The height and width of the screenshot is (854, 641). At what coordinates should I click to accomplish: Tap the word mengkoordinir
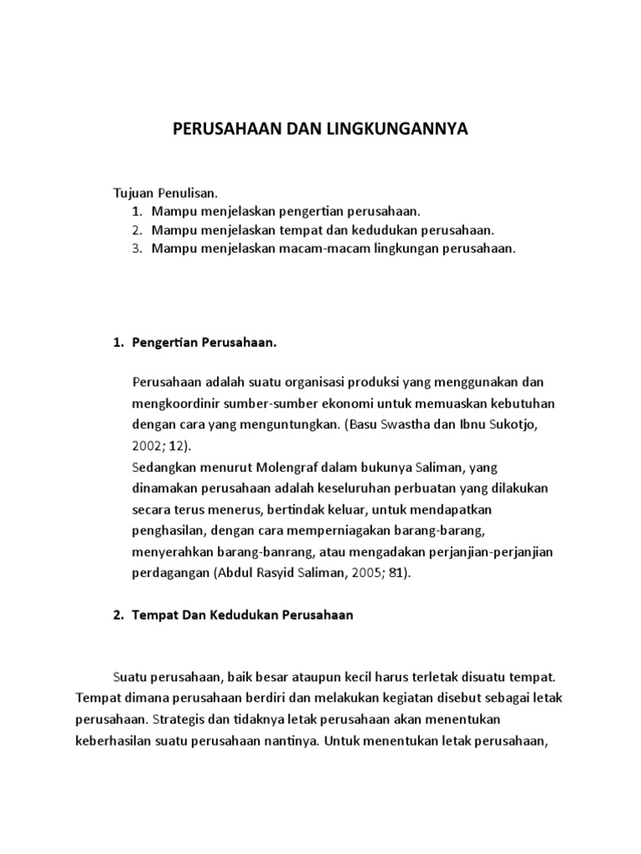click(x=173, y=404)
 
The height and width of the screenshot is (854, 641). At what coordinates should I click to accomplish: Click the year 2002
click(x=148, y=446)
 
